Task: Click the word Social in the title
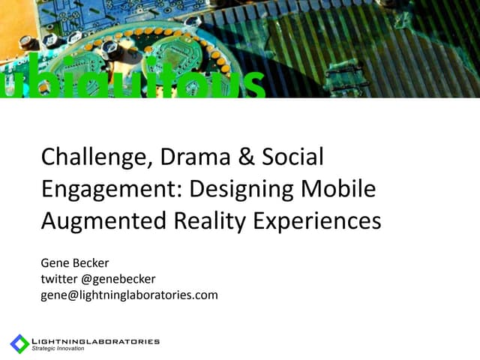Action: pos(293,157)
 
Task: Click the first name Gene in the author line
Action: pos(54,264)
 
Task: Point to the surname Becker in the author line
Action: pos(91,264)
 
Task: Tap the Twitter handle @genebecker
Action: pos(118,279)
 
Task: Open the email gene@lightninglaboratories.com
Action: pos(129,295)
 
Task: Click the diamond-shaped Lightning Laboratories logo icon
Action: pos(19,343)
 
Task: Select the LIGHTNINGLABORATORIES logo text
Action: pos(95,341)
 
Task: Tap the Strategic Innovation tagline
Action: pos(58,349)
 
